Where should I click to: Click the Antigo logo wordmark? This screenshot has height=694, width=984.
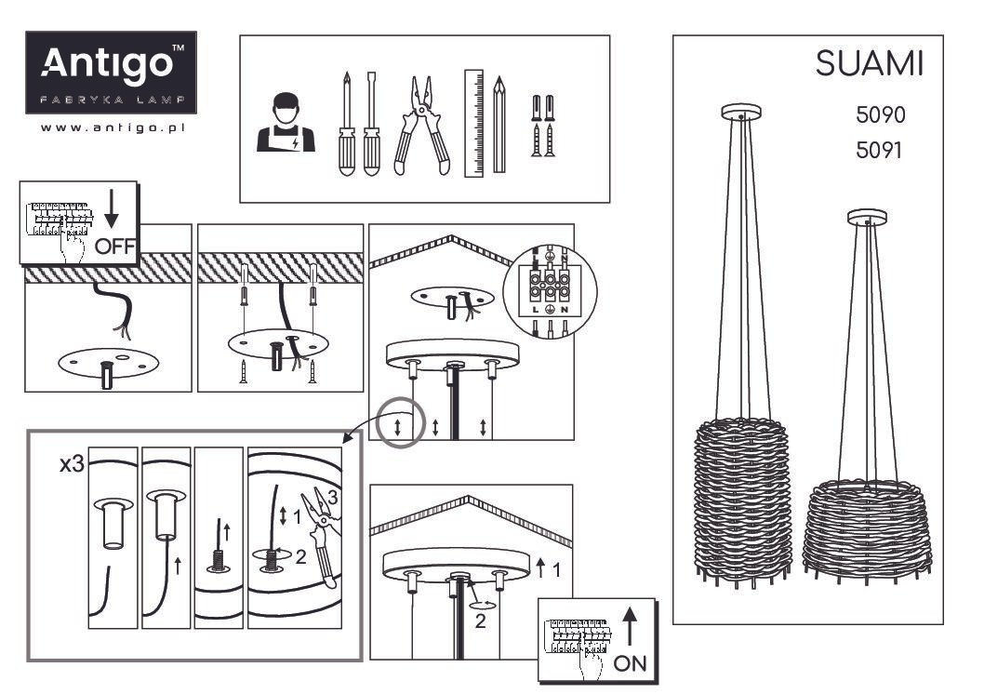107,63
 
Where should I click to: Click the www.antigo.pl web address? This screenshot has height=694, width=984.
113,127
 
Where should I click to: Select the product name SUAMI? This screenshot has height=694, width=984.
870,63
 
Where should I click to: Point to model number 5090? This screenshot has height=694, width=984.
881,114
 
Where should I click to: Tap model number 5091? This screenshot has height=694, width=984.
879,151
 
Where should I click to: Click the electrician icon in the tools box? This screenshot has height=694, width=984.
286,123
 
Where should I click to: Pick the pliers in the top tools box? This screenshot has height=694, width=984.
421,126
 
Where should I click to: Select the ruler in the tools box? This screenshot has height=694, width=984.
473,123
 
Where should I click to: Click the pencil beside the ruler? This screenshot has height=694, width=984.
499,125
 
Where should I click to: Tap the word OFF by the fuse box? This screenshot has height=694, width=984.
115,247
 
